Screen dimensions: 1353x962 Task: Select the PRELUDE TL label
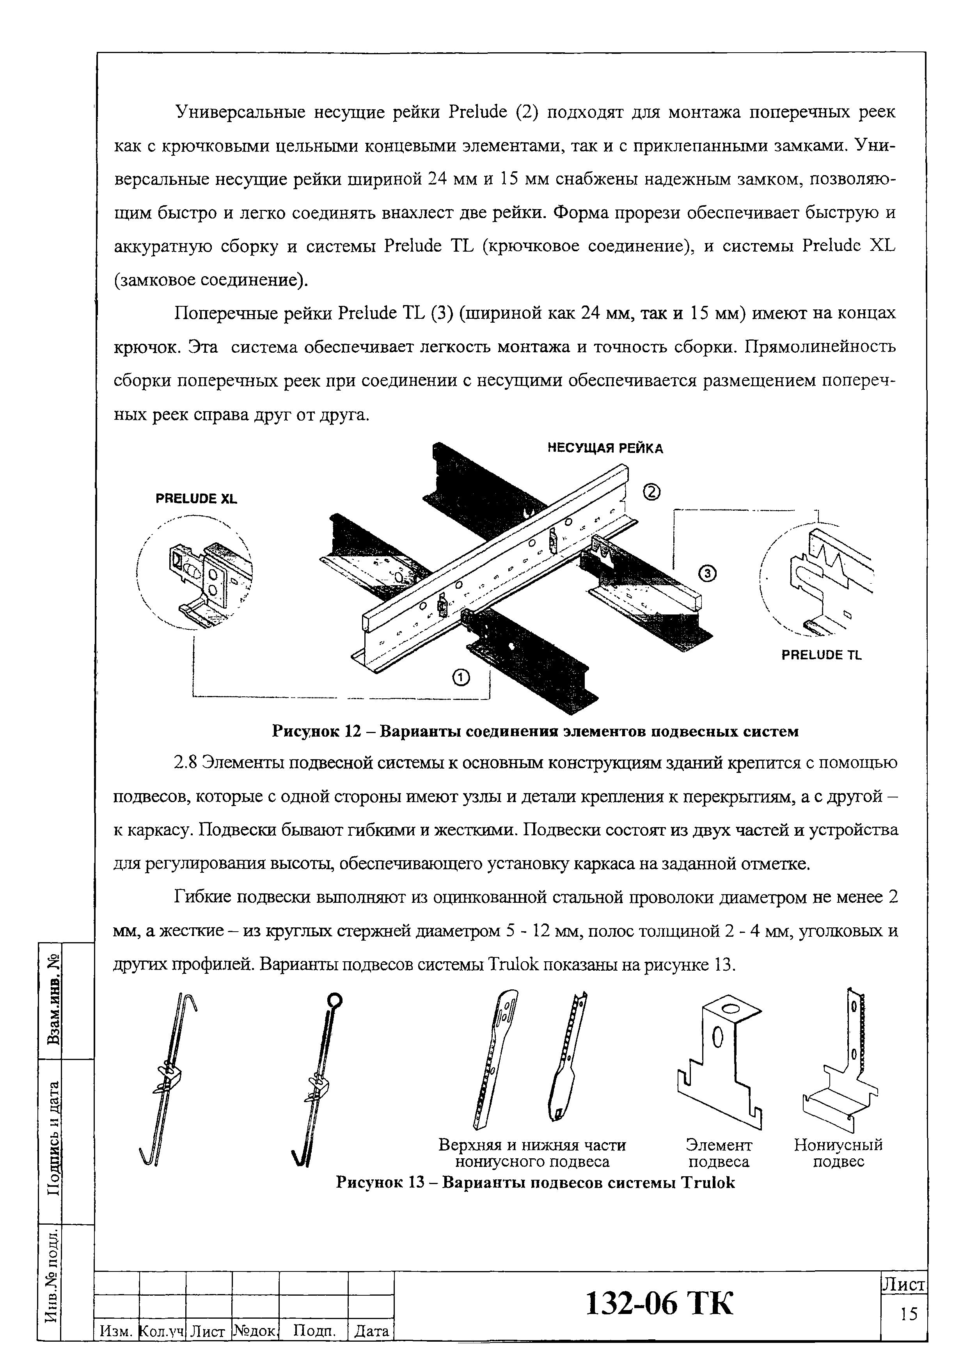(822, 655)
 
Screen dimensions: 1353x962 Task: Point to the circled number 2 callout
(651, 492)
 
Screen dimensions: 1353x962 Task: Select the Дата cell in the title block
(371, 1331)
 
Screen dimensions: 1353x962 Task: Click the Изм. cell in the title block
(116, 1331)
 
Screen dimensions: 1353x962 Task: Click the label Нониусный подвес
(838, 1153)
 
